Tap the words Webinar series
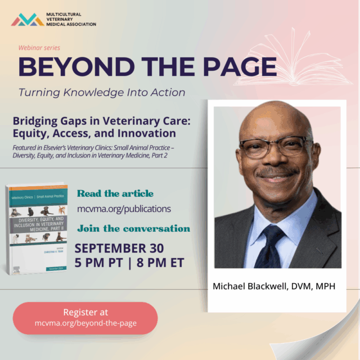point(39,48)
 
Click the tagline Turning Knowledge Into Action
point(102,92)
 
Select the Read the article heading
point(115,193)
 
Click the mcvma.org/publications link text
point(124,209)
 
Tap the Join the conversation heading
point(133,228)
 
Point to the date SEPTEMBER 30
point(119,248)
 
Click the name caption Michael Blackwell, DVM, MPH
point(273,286)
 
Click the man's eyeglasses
point(274,147)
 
